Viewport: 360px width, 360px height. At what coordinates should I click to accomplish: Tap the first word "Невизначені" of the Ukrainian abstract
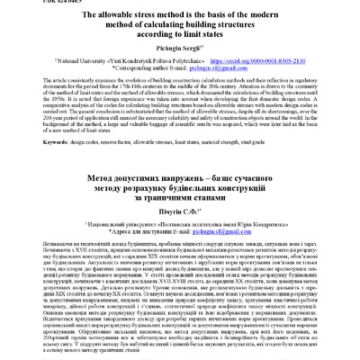33,272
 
